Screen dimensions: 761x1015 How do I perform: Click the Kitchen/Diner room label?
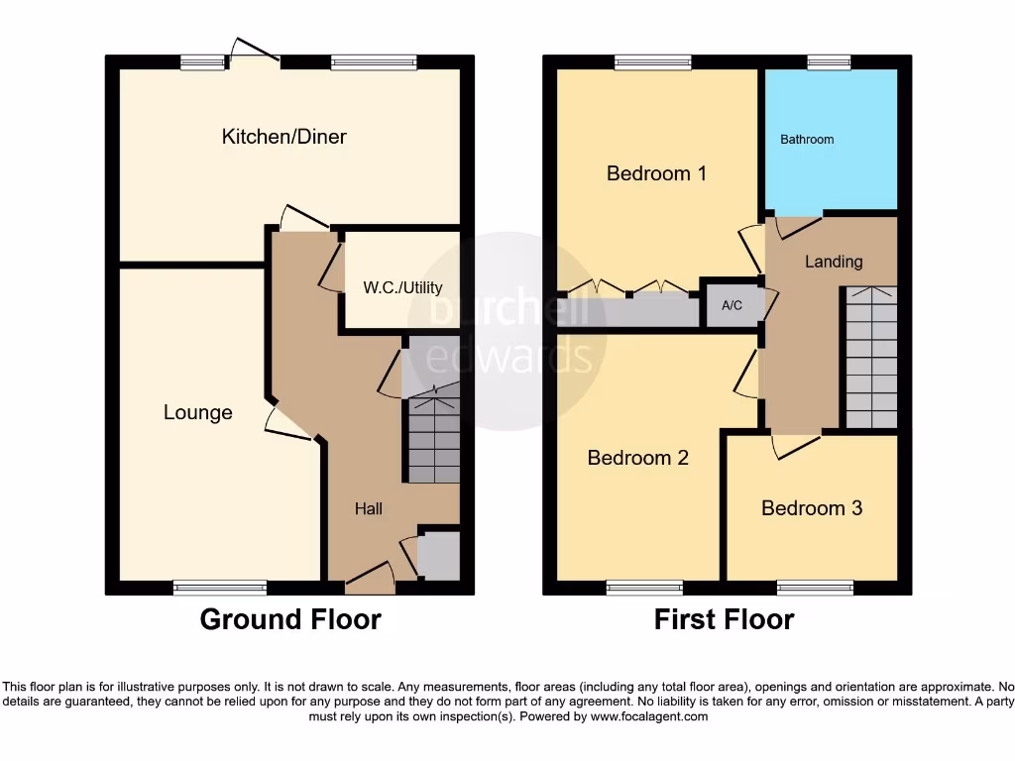283,137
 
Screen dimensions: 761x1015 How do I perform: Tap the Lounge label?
197,412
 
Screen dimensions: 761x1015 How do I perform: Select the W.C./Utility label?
402,288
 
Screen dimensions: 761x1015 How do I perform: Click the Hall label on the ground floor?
369,508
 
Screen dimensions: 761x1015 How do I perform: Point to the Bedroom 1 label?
656,173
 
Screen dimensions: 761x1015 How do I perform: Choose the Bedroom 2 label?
637,458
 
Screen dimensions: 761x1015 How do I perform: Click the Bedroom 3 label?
811,508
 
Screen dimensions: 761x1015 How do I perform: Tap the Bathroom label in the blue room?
807,140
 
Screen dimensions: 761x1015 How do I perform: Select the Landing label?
833,262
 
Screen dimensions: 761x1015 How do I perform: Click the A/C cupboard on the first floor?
732,305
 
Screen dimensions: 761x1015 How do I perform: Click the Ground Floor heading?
290,620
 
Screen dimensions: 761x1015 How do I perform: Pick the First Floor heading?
724,620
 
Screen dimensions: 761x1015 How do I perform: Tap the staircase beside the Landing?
871,357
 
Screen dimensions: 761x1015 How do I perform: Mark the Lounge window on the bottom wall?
220,588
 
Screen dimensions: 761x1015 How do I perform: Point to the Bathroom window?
822,62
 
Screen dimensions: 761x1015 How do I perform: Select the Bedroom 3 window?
815,588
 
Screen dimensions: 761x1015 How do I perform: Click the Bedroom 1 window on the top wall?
652,62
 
